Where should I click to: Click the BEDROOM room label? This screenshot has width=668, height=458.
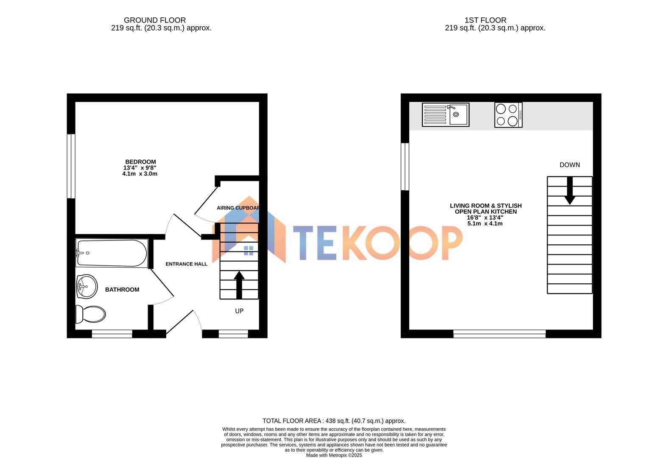pyautogui.click(x=140, y=162)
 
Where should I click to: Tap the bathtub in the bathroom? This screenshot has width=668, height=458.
pyautogui.click(x=112, y=253)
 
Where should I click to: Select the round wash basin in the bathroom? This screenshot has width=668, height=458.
pyautogui.click(x=87, y=286)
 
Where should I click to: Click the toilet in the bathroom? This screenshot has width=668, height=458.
pyautogui.click(x=91, y=314)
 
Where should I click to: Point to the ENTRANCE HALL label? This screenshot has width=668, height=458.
pyautogui.click(x=186, y=264)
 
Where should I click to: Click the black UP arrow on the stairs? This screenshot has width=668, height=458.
pyautogui.click(x=239, y=285)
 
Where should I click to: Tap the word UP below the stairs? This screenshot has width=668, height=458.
pyautogui.click(x=239, y=311)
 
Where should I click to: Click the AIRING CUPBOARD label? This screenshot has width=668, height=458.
pyautogui.click(x=238, y=208)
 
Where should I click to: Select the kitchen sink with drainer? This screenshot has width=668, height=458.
pyautogui.click(x=445, y=114)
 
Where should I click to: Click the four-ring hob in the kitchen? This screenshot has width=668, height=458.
pyautogui.click(x=508, y=115)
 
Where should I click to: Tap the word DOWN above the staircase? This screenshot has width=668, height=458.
pyautogui.click(x=570, y=165)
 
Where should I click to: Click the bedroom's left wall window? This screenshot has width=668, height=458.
pyautogui.click(x=71, y=166)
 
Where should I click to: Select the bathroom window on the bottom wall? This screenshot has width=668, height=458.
pyautogui.click(x=112, y=334)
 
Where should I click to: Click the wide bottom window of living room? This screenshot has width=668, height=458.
pyautogui.click(x=499, y=334)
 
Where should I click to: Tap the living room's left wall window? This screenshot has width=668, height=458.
pyautogui.click(x=405, y=167)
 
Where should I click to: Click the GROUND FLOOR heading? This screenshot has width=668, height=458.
pyautogui.click(x=155, y=20)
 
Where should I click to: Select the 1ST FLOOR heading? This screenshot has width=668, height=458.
pyautogui.click(x=485, y=20)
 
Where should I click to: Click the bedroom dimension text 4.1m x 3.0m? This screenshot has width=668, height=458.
pyautogui.click(x=140, y=174)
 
